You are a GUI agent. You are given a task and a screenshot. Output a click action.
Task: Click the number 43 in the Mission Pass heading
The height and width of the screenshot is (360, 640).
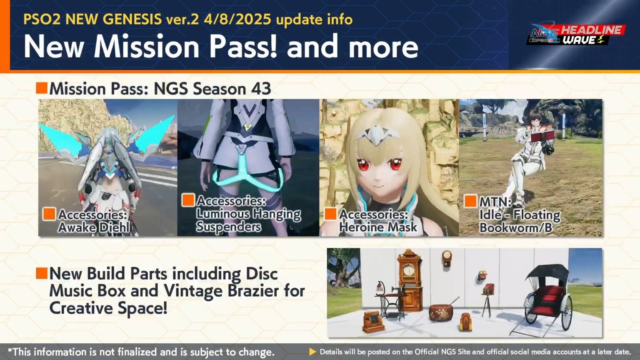coord(261,89)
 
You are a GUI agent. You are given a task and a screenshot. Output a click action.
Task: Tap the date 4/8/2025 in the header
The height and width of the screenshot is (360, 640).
coord(237,19)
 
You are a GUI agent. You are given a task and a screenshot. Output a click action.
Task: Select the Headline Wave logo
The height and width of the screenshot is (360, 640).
coord(576,35)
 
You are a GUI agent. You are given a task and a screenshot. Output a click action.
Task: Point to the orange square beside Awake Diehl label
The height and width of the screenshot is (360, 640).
coord(49,214)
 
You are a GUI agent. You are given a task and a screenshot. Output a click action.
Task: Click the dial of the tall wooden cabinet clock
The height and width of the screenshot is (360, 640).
coord(409,270)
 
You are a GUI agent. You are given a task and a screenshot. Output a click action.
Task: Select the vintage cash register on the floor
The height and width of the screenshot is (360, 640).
coord(372,321)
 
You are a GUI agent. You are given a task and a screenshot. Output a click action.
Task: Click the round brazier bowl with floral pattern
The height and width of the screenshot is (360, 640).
coord(441,312)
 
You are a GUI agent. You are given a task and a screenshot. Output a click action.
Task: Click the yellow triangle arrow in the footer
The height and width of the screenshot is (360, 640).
coord(312,352)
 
